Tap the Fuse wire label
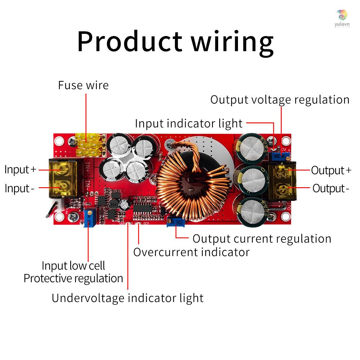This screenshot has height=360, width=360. (83, 85)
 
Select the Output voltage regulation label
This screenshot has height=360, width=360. (280, 100)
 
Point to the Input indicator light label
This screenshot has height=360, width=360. (189, 123)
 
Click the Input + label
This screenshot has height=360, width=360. (20, 170)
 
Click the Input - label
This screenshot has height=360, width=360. (19, 188)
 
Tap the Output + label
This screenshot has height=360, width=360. (331, 170)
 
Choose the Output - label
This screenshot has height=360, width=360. (330, 188)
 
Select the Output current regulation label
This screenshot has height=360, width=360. (262, 239)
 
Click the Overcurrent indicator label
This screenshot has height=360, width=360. (191, 252)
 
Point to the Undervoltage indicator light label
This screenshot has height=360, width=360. (127, 298)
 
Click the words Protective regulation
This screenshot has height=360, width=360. (73, 278)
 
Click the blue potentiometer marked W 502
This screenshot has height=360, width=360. (176, 222)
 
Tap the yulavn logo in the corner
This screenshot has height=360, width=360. (342, 18)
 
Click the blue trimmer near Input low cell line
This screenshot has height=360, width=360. (89, 219)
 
